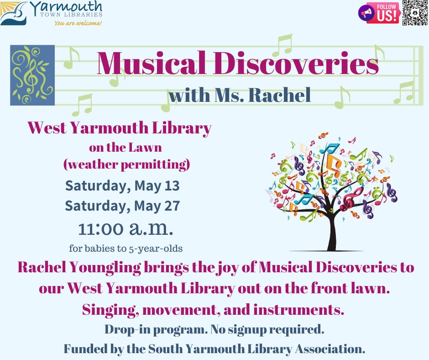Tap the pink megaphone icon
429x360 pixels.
[x=366, y=13]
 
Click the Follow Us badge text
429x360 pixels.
[x=387, y=13]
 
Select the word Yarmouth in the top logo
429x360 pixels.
[x=66, y=7]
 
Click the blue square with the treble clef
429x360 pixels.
[x=32, y=75]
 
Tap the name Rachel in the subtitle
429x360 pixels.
[x=285, y=95]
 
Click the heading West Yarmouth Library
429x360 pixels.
[x=120, y=128]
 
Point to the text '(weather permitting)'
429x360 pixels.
[x=126, y=165]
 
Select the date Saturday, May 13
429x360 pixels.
[x=122, y=186]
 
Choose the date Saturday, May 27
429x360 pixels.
[x=122, y=206]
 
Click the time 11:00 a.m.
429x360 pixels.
[x=126, y=228]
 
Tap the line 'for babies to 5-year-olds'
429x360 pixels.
[x=126, y=249]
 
